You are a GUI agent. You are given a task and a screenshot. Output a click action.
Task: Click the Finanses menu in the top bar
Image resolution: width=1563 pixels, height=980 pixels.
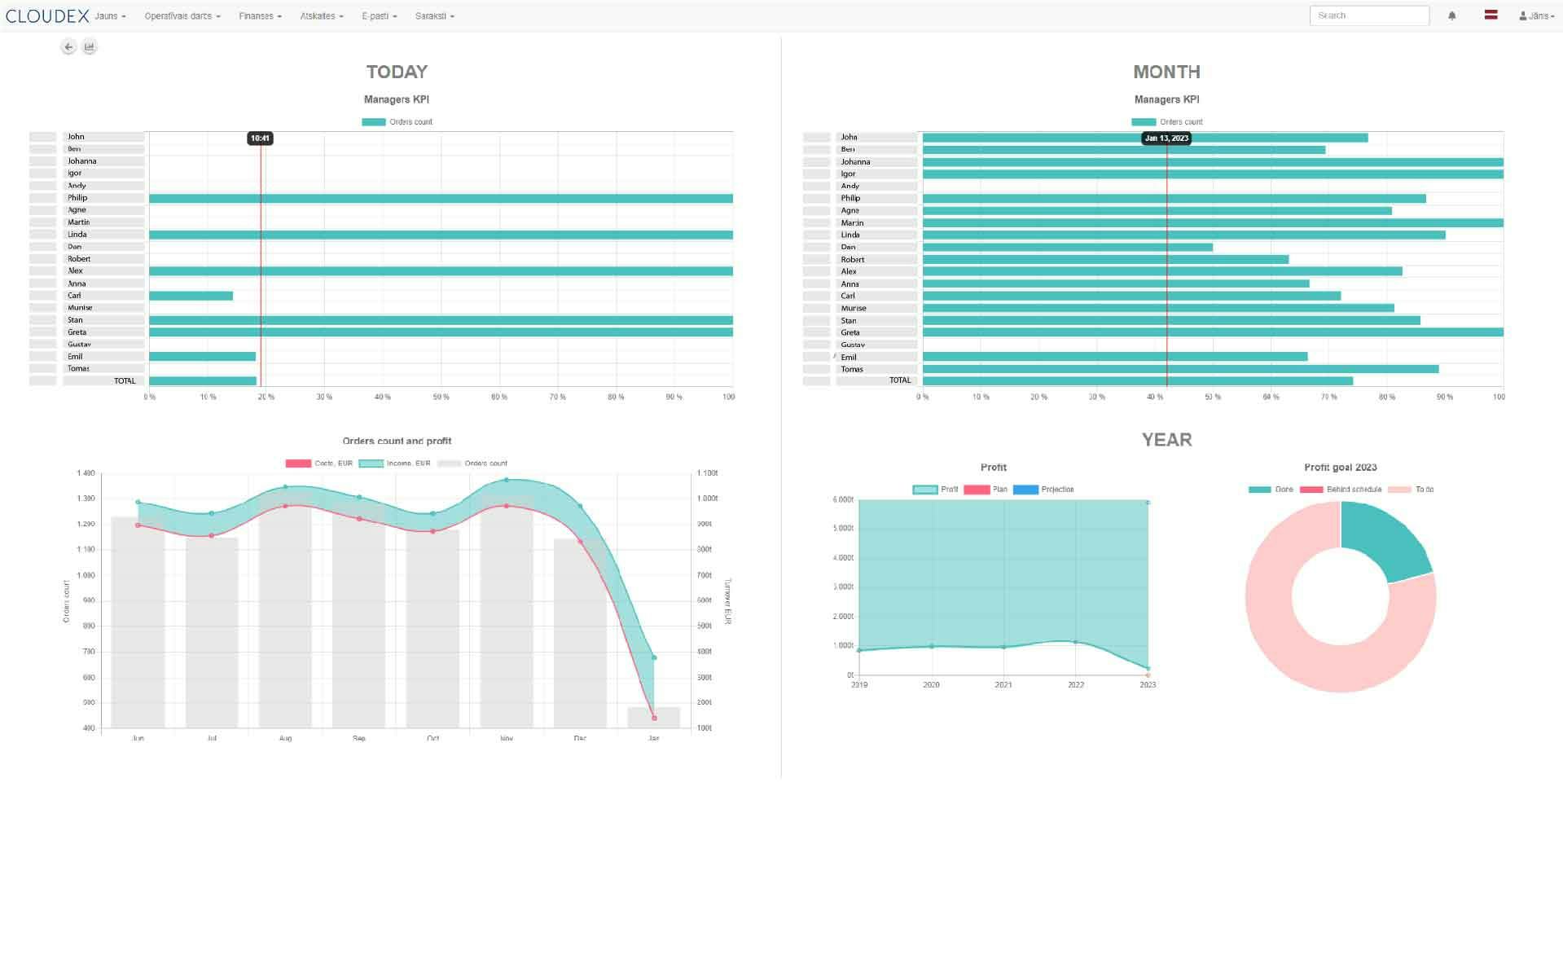(260, 16)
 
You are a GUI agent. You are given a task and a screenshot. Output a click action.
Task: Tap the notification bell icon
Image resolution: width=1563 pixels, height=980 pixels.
(1451, 15)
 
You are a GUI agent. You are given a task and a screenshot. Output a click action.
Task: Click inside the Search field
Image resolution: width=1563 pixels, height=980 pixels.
(1368, 15)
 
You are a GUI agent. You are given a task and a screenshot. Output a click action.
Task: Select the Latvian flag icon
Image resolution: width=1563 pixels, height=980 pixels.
(1491, 15)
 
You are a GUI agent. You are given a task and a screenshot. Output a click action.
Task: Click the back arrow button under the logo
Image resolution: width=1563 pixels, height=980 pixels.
(68, 47)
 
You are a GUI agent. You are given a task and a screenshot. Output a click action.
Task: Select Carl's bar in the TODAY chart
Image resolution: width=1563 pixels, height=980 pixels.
(191, 296)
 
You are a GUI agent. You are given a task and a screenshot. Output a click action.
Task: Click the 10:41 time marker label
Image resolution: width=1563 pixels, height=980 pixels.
(260, 138)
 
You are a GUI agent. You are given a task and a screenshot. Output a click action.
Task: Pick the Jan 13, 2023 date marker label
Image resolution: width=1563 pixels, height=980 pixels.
(1166, 138)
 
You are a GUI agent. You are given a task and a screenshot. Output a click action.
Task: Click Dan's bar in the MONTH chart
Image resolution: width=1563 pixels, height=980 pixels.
(1067, 247)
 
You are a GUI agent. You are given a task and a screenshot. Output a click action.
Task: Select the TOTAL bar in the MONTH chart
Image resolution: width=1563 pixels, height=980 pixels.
(1137, 381)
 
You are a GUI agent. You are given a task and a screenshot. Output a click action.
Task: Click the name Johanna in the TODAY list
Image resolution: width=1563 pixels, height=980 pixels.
(82, 161)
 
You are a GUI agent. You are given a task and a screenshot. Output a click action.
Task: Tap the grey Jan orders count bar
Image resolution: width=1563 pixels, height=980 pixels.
(653, 718)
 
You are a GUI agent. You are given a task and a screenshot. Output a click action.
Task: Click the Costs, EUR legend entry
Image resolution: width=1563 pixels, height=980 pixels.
(319, 464)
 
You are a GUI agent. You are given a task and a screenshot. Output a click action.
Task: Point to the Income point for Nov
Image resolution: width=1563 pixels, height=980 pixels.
(507, 481)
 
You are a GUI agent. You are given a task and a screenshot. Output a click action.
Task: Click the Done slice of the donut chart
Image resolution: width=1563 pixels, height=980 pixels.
(1385, 539)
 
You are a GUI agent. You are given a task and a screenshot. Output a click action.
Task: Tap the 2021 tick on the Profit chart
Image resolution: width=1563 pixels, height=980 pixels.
(1003, 685)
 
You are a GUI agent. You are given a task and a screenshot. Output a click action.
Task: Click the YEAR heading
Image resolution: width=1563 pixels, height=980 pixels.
(1166, 440)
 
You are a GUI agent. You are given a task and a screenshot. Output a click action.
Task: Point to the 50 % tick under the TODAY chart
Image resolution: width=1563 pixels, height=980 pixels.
(441, 398)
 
